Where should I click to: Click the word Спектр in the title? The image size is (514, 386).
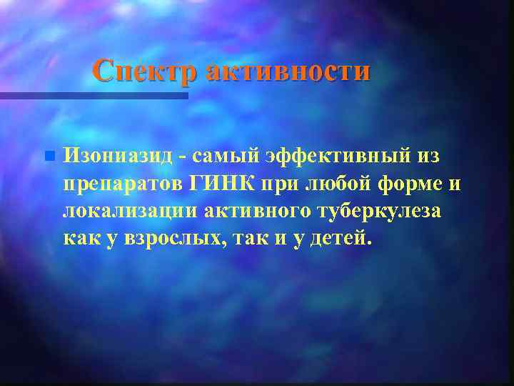tap(146, 71)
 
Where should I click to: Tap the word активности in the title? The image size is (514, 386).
tap(288, 71)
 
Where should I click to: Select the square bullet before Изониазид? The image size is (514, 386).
tap(49, 155)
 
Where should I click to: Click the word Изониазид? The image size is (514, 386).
tap(116, 155)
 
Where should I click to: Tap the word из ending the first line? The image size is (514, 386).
tap(423, 155)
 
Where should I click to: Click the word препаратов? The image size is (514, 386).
tap(124, 184)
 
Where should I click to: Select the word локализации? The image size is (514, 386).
tap(131, 211)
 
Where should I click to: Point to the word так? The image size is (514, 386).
tap(258, 239)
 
